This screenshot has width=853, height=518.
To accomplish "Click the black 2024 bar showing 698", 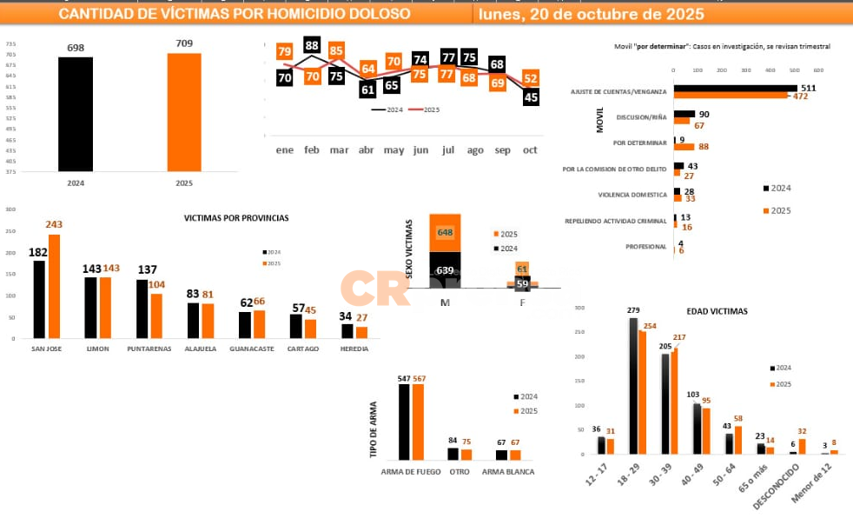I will [76, 113].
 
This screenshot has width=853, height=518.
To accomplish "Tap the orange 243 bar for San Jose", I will [55, 285].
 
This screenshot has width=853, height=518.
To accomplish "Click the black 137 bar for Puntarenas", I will [142, 308].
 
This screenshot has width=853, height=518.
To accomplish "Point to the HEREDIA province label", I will [354, 349].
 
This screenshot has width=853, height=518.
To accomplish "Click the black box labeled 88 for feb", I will [312, 46].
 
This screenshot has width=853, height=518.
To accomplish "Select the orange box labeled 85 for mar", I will [337, 51].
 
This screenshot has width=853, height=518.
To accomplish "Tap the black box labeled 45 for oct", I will [531, 97].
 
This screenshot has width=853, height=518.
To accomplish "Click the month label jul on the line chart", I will [448, 150].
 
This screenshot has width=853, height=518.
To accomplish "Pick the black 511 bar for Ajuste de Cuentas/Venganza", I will [735, 88].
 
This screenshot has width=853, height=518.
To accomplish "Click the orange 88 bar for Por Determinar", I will [691, 147].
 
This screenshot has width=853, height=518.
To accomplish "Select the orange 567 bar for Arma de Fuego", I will [419, 422].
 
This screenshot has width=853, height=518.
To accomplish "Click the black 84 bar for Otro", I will [453, 454].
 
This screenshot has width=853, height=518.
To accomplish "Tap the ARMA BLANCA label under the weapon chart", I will [508, 472].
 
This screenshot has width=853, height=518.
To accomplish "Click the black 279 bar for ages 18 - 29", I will [633, 386].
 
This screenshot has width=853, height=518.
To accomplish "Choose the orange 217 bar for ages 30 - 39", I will [675, 400].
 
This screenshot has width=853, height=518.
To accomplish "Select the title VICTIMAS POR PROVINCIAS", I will [236, 218].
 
